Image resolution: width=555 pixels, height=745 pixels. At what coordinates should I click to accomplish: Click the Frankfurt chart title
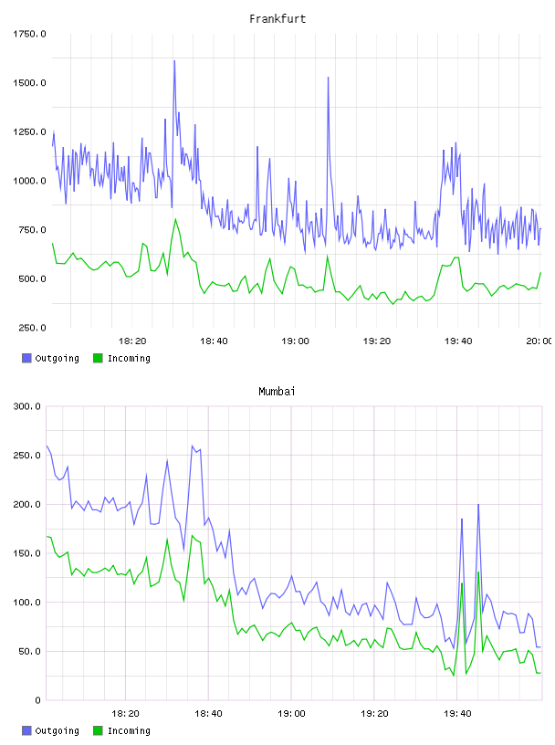(277, 19)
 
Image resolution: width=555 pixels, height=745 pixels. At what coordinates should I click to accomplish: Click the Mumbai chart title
(277, 392)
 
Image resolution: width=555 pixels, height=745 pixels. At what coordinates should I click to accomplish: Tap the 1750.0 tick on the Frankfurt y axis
(29, 34)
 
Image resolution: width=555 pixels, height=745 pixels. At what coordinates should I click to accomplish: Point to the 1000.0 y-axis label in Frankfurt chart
(29, 181)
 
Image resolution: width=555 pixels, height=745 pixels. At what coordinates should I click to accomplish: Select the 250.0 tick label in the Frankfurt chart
(32, 328)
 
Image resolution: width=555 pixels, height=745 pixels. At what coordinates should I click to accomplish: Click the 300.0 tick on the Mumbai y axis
(26, 406)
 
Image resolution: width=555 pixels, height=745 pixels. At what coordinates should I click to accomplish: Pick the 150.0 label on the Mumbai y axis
(26, 553)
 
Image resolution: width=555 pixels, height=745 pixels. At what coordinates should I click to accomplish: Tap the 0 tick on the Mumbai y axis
(37, 700)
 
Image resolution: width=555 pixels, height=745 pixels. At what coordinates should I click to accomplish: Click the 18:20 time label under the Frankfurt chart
(132, 341)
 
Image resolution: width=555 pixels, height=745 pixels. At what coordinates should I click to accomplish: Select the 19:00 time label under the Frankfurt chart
(295, 341)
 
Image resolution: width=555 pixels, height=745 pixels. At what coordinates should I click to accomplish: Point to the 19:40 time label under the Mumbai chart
(457, 714)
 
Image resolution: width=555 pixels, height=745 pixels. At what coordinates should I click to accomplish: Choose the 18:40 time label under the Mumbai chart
(208, 714)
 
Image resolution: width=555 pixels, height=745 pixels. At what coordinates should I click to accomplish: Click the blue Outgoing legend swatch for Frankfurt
(26, 358)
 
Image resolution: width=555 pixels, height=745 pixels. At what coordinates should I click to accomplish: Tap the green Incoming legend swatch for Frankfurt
(98, 358)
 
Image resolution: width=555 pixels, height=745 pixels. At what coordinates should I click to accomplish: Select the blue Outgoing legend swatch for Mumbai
(26, 730)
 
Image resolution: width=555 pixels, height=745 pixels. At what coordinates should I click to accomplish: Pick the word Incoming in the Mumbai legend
(129, 731)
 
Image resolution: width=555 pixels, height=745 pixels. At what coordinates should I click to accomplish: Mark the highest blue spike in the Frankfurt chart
(174, 61)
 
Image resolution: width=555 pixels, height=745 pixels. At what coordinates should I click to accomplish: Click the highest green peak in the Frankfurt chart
(175, 219)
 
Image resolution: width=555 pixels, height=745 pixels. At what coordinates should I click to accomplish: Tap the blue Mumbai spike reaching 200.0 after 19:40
(478, 505)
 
